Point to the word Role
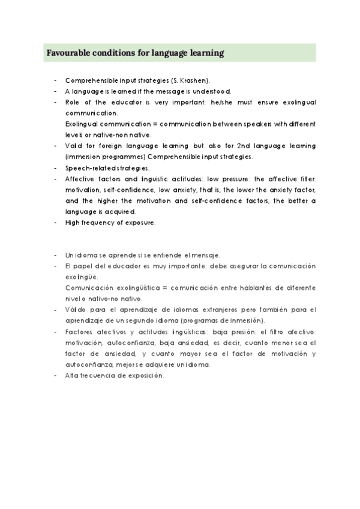(x=73, y=102)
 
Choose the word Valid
(x=74, y=146)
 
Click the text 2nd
(x=239, y=146)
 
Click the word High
(x=73, y=222)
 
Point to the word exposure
(x=140, y=222)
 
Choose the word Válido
(x=76, y=310)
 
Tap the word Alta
(x=71, y=375)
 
